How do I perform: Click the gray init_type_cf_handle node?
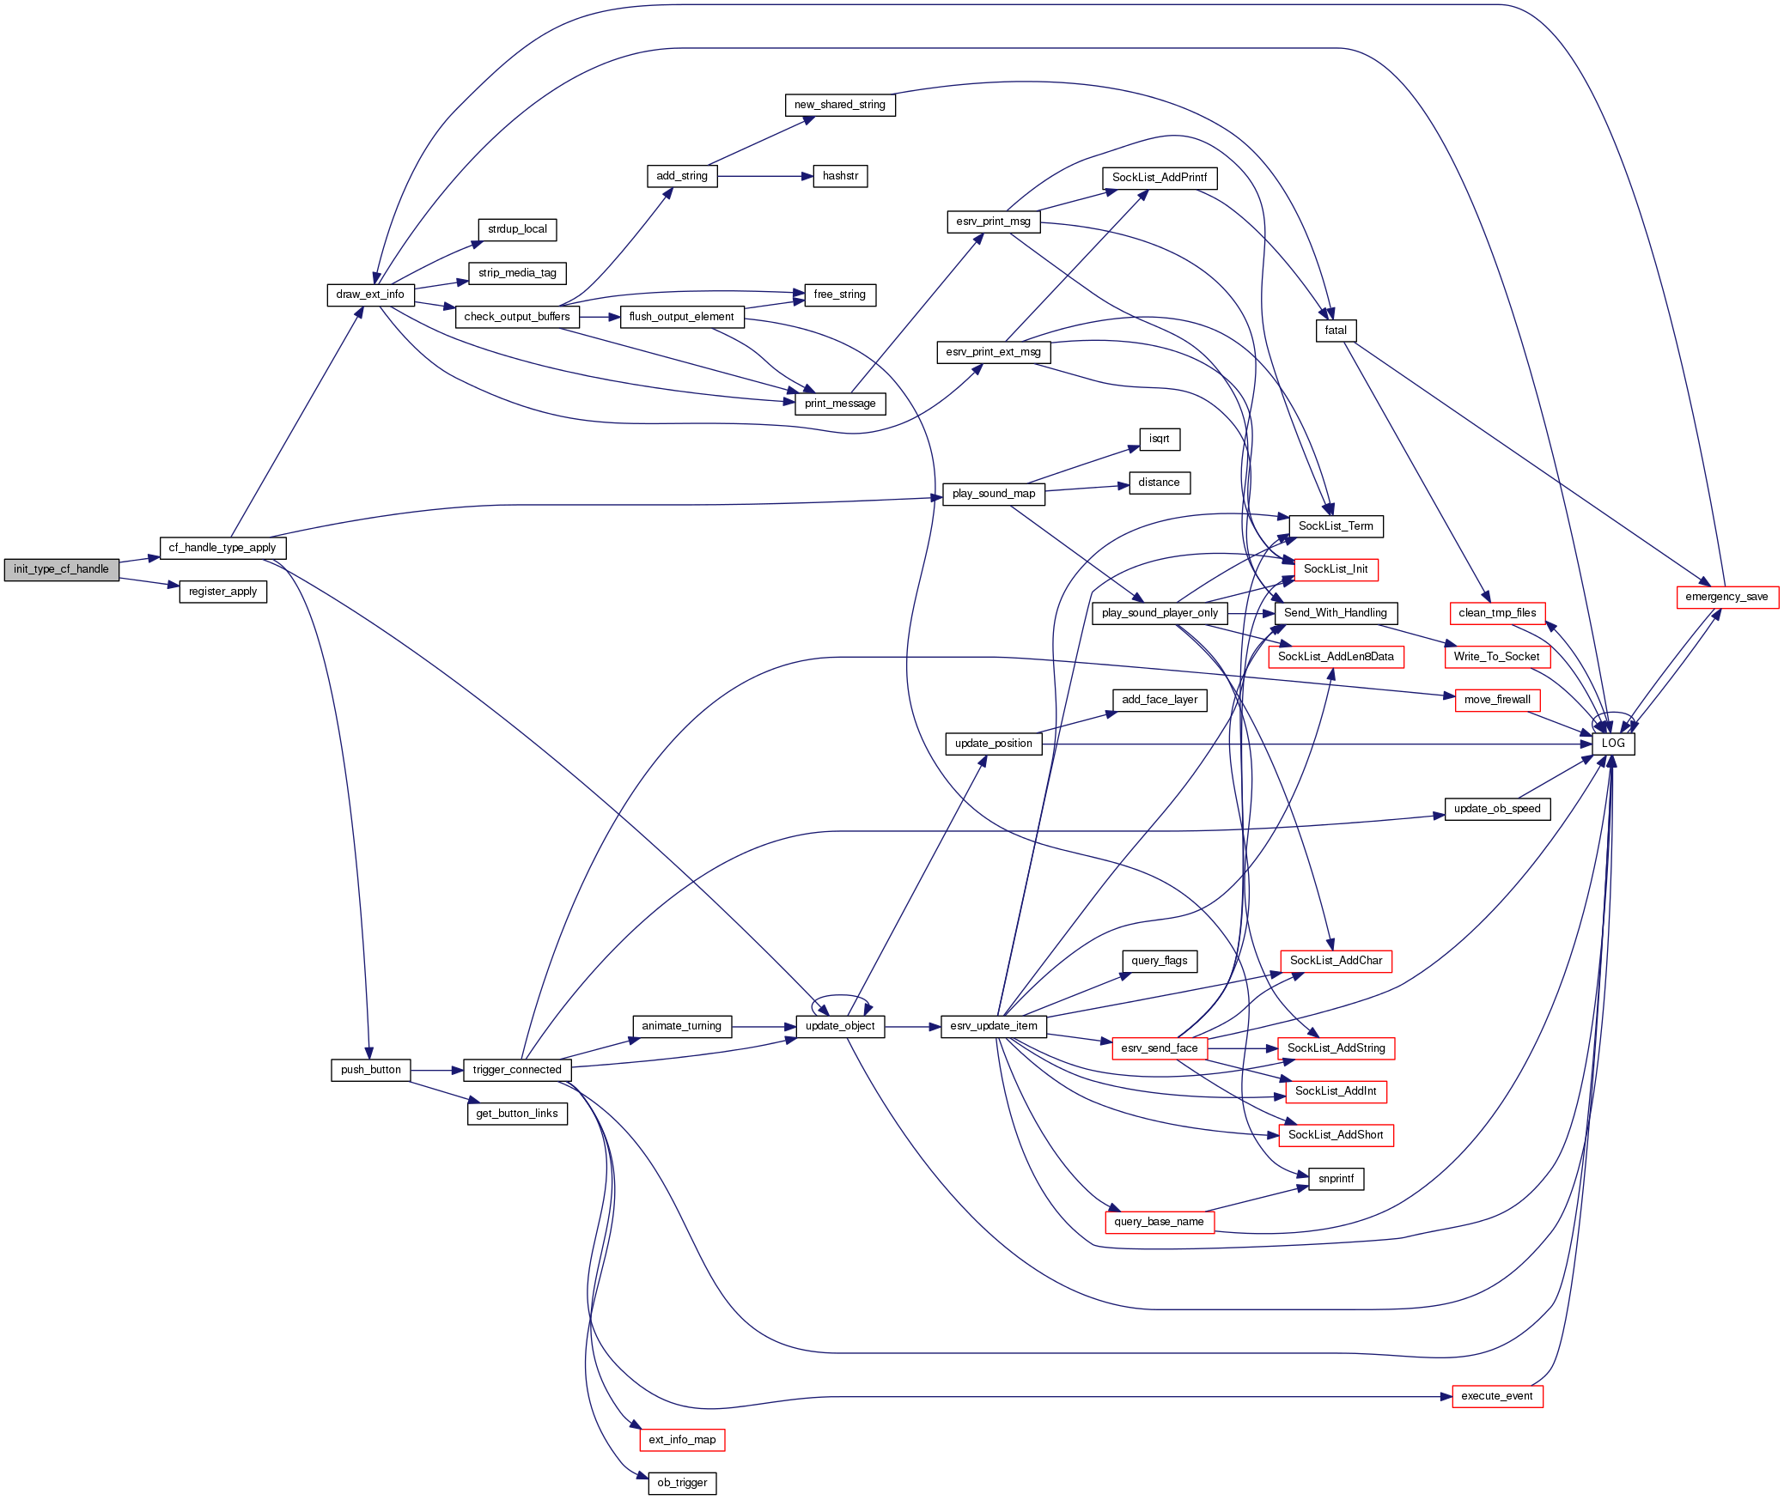pos(61,569)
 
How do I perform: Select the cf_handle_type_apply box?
pos(222,548)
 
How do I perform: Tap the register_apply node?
pos(222,592)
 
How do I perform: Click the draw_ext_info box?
pos(370,295)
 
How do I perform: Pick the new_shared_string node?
pos(839,105)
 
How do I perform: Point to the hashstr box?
pos(840,176)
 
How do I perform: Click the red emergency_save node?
pos(1726,597)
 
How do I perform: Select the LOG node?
pos(1613,744)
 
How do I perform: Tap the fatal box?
pos(1336,331)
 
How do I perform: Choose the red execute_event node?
pos(1497,1396)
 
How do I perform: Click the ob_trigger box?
pos(682,1483)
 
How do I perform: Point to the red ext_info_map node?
pos(682,1440)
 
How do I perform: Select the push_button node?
pos(370,1070)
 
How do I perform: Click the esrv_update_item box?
pos(994,1026)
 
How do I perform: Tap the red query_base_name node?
pos(1159,1222)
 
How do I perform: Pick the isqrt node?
pos(1159,439)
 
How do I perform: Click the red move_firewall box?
pos(1497,700)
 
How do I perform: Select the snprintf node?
pos(1336,1179)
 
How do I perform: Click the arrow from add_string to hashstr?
pos(764,176)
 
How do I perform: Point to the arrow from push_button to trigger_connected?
pos(436,1071)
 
